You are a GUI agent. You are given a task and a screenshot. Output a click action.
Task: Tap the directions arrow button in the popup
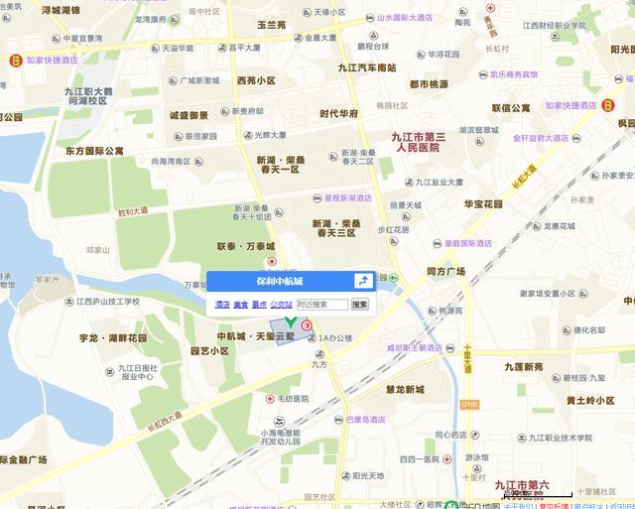click(x=363, y=282)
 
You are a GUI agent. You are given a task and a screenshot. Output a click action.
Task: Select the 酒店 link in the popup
click(x=222, y=305)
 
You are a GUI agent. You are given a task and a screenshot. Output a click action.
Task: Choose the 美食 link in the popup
click(x=240, y=305)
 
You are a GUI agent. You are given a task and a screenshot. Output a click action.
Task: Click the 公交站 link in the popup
click(x=282, y=305)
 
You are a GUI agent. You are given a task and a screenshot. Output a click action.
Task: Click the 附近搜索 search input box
click(x=321, y=305)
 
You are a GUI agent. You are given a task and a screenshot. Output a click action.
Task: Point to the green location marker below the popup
click(x=290, y=323)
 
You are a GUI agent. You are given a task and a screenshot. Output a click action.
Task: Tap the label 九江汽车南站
click(x=367, y=67)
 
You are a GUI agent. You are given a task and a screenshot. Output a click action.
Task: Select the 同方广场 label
click(x=445, y=271)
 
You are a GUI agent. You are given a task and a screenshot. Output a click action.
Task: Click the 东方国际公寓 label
click(x=95, y=151)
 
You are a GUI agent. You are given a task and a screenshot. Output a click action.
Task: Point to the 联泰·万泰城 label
click(x=246, y=246)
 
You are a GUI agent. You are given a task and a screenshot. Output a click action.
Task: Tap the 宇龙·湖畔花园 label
click(x=113, y=338)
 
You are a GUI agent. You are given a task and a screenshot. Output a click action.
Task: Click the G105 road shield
click(x=469, y=404)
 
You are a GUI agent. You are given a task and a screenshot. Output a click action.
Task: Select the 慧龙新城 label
click(x=405, y=388)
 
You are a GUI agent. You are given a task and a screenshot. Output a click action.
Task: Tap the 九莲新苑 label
click(x=523, y=367)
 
